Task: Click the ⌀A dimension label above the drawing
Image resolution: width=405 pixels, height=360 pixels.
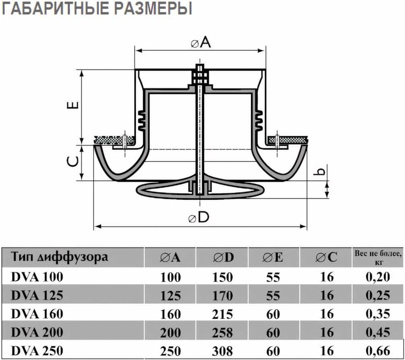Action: (201, 42)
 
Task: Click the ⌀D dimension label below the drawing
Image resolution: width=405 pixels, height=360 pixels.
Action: (198, 217)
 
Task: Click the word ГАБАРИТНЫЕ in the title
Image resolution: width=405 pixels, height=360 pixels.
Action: (55, 9)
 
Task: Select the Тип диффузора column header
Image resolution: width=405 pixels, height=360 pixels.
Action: (60, 257)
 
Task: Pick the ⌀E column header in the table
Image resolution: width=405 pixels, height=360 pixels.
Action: (273, 257)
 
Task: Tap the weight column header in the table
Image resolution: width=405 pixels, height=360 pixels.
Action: (378, 257)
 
